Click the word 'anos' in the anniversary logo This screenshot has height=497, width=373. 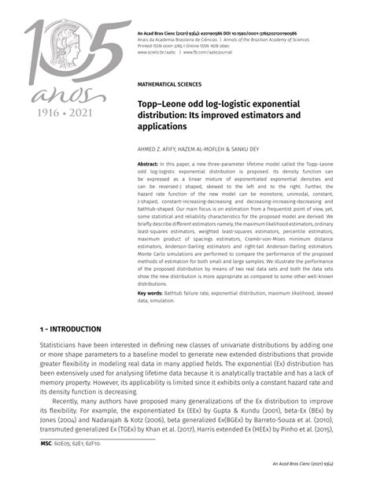[x=54, y=95]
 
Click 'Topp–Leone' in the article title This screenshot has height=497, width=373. [x=166, y=103]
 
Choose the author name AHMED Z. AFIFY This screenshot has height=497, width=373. [x=162, y=148]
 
